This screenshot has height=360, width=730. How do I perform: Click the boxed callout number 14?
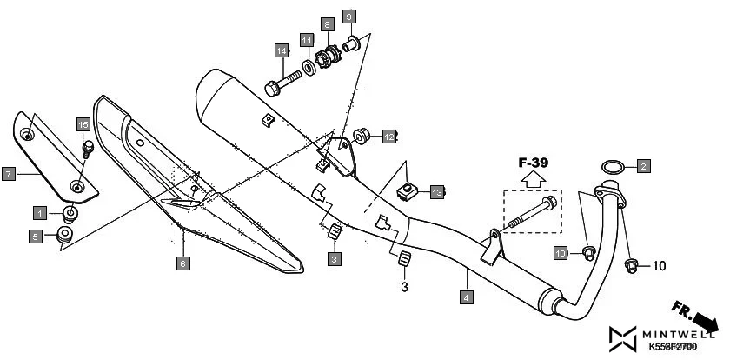[x=282, y=50]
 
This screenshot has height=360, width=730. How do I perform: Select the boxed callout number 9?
[x=348, y=17]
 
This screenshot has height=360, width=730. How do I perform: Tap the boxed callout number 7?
[x=7, y=174]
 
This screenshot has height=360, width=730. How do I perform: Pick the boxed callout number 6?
[x=183, y=262]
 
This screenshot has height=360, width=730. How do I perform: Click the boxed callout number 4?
[x=467, y=298]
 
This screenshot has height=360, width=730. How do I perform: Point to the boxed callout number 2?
[x=643, y=165]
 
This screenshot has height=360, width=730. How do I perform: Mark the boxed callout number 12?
[x=390, y=137]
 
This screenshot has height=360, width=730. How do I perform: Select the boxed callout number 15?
[x=83, y=124]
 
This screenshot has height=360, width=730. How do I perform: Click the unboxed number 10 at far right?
[x=658, y=264]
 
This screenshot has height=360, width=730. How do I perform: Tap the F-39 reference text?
[x=534, y=162]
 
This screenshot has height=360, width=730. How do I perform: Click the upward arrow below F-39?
[x=534, y=179]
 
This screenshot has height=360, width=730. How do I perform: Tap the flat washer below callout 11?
[x=309, y=66]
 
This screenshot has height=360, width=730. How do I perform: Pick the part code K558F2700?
[x=672, y=348]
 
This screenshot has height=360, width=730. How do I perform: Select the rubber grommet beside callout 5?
[x=64, y=233]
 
